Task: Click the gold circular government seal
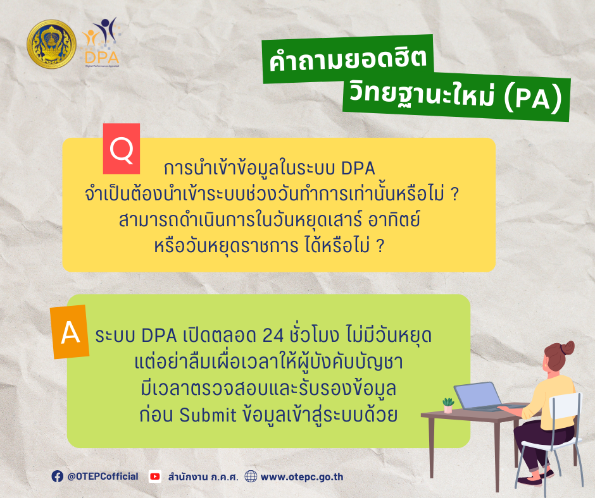[x=52, y=44]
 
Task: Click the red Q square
[x=122, y=149]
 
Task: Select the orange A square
[x=70, y=332]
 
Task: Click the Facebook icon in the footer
[x=58, y=477]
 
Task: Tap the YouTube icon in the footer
[x=155, y=477]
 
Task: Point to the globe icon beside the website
[x=251, y=477]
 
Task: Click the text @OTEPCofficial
[x=103, y=477]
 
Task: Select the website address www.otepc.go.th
[x=302, y=477]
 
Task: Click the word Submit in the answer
[x=208, y=415]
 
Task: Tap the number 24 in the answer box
[x=273, y=336]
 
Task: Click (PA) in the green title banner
[x=532, y=99]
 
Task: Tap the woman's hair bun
[x=568, y=347]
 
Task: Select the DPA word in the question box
[x=358, y=169]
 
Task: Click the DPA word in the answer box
[x=159, y=336]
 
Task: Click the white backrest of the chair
[x=567, y=406]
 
